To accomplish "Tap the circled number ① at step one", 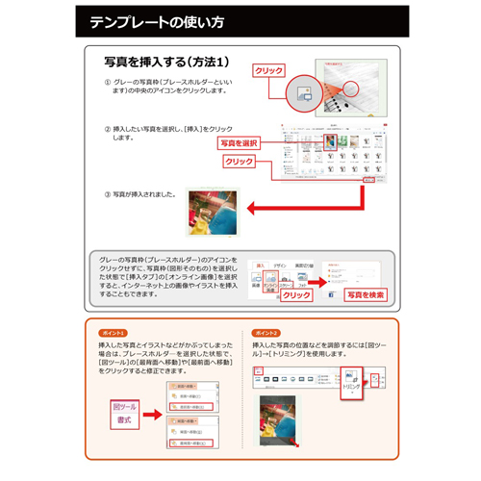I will tap(108, 83).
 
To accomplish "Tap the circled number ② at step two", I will tap(108, 128).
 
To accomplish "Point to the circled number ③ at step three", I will tap(108, 194).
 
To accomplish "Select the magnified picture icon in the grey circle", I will tap(305, 94).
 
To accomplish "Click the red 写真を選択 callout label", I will tap(239, 143).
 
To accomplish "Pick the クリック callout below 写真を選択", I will tap(240, 162).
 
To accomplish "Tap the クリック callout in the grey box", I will tap(297, 295).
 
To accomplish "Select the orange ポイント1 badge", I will tap(114, 332).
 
